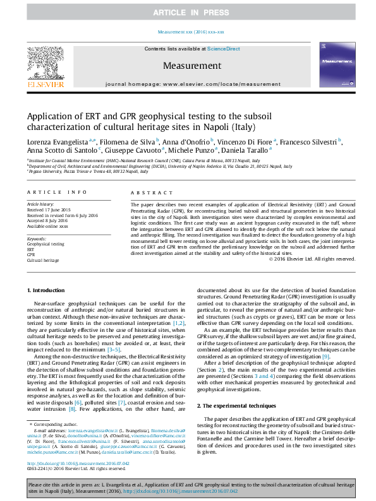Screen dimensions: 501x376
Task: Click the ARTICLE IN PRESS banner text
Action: [x=188, y=13]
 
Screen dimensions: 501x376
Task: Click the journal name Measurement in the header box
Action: [x=188, y=66]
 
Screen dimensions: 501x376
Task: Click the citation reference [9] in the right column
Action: [x=325, y=357]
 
